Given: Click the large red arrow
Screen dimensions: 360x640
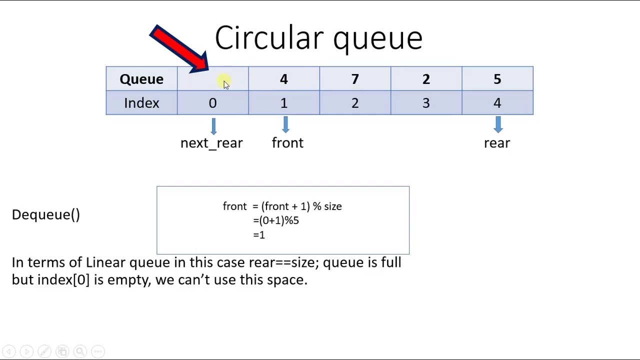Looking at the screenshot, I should pos(177,47).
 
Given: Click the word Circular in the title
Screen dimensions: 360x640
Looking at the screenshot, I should pos(269,38).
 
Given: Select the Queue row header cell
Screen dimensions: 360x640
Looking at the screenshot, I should pos(141,79).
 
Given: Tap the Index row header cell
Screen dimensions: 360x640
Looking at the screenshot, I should pos(141,103).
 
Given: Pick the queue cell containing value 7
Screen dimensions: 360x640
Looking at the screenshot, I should pos(355,79).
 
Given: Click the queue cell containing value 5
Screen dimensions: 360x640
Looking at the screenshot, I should pos(497,79).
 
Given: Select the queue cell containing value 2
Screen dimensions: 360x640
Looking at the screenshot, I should pos(426,79).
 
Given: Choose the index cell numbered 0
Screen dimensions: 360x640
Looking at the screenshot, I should pos(212,103).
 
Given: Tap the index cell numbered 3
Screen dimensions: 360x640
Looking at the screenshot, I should pos(426,103).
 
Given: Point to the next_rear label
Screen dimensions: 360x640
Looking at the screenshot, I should pos(211,143).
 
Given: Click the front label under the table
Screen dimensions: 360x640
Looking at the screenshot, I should pos(287,143).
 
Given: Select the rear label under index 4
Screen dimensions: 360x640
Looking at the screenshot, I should pos(497,143).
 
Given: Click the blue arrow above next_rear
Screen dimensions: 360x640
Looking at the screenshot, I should pos(213,126).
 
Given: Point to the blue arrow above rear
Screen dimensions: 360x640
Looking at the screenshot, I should pos(498,125).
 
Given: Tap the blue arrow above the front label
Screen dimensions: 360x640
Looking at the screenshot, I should pos(285,125).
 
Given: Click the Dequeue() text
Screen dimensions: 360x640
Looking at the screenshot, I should pos(46,214).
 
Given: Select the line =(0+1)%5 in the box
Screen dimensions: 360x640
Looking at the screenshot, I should pos(276,220).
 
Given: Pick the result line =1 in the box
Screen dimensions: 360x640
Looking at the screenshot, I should pos(259,235).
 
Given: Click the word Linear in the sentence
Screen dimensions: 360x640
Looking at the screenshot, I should pos(105,262).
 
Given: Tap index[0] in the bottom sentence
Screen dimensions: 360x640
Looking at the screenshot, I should pos(63,279).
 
